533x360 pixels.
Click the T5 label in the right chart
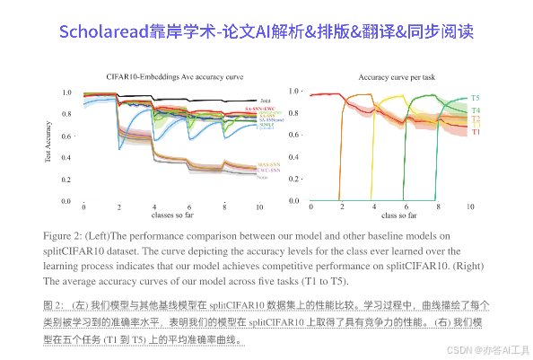coord(475,97)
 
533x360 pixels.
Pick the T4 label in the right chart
coord(475,110)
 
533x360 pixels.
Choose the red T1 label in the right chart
coord(475,132)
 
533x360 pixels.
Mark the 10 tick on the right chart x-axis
coord(469,207)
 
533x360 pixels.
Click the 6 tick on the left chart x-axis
coord(188,207)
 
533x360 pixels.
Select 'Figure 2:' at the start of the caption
coord(66,234)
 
